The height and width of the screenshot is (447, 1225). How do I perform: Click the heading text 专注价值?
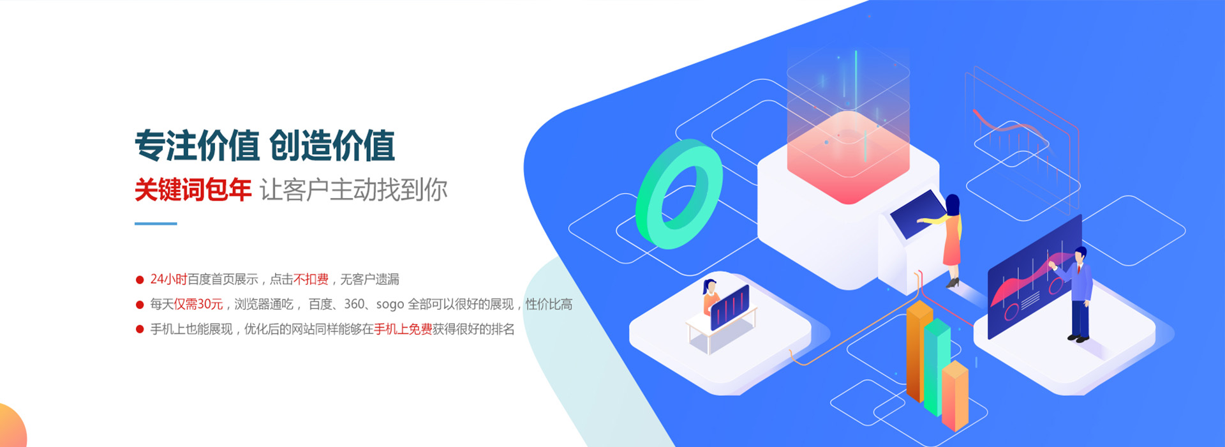coord(197,146)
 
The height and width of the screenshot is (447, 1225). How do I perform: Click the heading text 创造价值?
coord(332,146)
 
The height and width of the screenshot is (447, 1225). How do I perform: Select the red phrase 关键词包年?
coord(193,190)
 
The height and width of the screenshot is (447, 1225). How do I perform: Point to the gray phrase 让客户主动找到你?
coord(353,190)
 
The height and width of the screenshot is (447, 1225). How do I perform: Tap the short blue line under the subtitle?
coord(156,223)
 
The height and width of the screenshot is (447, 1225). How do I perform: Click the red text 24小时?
coord(168,279)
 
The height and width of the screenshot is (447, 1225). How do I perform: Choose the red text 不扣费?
coord(311,279)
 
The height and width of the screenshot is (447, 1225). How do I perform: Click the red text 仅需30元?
coord(198,304)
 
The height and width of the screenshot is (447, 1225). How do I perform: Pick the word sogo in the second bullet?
coord(390,305)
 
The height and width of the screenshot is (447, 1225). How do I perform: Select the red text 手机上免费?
coord(403,329)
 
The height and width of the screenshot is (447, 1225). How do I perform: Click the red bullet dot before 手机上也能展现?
coord(140,330)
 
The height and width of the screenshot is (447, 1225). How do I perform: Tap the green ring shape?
coord(679,194)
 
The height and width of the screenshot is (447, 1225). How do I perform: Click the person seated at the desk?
coord(710,298)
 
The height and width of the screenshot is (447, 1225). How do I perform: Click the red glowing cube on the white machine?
coord(848,156)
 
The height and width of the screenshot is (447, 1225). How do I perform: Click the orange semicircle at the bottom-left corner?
coord(11,428)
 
